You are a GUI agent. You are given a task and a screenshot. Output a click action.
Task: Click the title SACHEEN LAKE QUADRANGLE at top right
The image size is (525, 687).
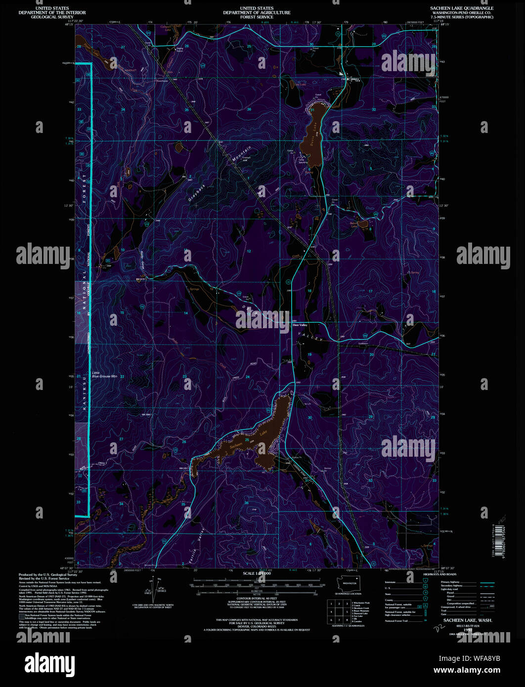coord(454,8)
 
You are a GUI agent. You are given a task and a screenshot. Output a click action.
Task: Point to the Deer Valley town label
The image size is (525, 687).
coord(300,325)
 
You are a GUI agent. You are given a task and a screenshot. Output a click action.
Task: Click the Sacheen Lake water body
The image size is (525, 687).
coord(267,430)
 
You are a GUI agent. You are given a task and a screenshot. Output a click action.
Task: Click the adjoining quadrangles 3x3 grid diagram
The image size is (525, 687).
coord(339,611)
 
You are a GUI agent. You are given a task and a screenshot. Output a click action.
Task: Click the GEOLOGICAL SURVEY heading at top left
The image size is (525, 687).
coord(52,17)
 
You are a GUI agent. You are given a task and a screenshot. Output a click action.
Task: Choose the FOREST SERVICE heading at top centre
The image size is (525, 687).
coord(257,17)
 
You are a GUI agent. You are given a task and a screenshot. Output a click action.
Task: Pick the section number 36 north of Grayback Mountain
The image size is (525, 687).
coord(249,109)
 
